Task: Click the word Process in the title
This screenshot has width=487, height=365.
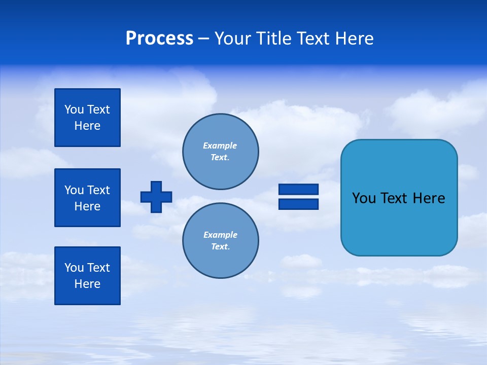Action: pyautogui.click(x=159, y=39)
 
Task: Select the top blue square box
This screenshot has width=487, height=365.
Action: pyautogui.click(x=87, y=118)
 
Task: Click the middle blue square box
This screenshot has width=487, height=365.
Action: pyautogui.click(x=87, y=198)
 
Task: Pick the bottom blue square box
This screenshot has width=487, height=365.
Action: pyautogui.click(x=87, y=276)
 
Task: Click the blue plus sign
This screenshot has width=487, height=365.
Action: pyautogui.click(x=156, y=197)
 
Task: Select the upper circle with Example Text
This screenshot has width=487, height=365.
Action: pyautogui.click(x=221, y=151)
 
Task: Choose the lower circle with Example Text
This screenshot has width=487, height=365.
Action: pyautogui.click(x=221, y=240)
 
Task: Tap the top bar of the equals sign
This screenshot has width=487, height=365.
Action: pyautogui.click(x=298, y=190)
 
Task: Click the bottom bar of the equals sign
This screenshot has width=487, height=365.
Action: pyautogui.click(x=298, y=204)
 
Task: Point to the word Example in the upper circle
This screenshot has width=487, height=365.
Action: pyautogui.click(x=220, y=145)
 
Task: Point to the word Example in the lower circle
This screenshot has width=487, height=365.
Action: pyautogui.click(x=220, y=235)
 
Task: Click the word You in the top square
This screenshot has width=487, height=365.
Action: pyautogui.click(x=74, y=109)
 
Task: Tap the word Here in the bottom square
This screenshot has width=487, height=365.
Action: pyautogui.click(x=87, y=284)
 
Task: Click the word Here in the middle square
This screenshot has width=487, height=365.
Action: pyautogui.click(x=87, y=206)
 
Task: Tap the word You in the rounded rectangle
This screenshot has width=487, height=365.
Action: pyautogui.click(x=364, y=198)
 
